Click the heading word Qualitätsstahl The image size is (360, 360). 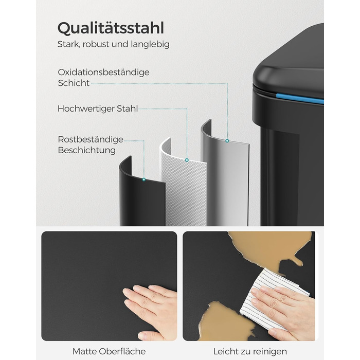point(111,28)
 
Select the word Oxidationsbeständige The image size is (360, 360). point(103,73)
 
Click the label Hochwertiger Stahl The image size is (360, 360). point(98,109)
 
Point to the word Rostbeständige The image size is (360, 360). point(91,139)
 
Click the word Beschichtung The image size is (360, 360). point(86,150)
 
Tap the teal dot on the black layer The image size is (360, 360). point(144,179)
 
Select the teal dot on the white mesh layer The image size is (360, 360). point(187,160)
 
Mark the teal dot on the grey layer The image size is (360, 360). point(227,141)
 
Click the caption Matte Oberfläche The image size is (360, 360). point(109,351)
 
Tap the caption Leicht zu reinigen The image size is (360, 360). point(250,351)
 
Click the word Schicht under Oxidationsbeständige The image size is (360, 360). point(74,83)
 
